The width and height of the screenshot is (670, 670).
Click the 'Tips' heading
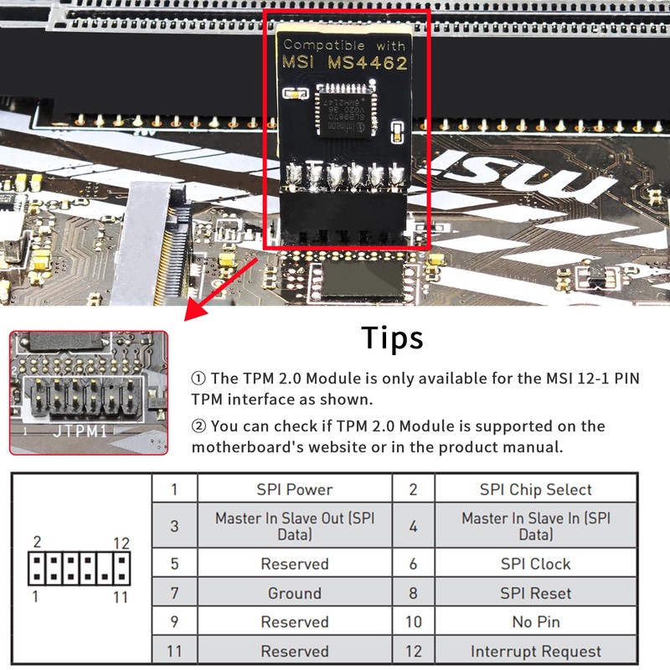(x=392, y=338)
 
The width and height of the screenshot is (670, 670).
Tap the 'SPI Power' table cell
(x=294, y=490)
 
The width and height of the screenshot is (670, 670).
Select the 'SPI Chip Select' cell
(x=535, y=490)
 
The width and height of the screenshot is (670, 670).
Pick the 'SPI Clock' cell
(x=535, y=564)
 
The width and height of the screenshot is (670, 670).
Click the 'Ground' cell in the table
(x=294, y=593)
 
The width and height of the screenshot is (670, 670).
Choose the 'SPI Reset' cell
(x=535, y=593)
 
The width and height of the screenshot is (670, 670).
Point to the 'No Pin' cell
(x=535, y=622)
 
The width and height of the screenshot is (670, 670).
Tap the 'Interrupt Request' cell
(x=535, y=651)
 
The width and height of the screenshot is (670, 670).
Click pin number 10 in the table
(x=413, y=622)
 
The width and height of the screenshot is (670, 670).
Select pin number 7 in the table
(x=174, y=593)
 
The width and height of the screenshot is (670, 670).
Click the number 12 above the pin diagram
(x=121, y=543)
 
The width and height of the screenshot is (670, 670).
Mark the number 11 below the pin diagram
(x=121, y=597)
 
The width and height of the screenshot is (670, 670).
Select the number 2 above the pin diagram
(x=37, y=543)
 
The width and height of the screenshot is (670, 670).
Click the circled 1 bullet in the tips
(x=199, y=378)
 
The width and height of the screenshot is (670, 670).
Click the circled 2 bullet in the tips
(x=199, y=426)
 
